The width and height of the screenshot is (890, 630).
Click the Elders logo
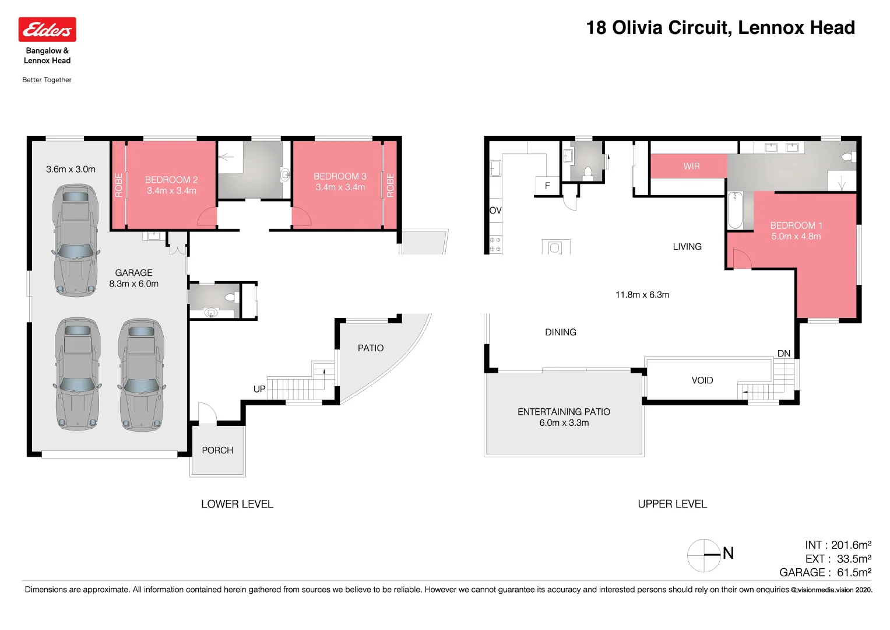pyautogui.click(x=47, y=30)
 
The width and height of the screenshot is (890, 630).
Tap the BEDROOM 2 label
pyautogui.click(x=171, y=180)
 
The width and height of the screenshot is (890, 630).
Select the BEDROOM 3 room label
pyautogui.click(x=340, y=176)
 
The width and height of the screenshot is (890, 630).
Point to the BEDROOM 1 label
pyautogui.click(x=796, y=225)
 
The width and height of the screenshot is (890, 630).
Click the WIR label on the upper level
pyautogui.click(x=691, y=166)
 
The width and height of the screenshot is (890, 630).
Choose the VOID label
pyautogui.click(x=702, y=380)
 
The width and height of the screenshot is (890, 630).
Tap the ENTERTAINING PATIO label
pyautogui.click(x=564, y=412)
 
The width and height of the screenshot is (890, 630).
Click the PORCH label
pyautogui.click(x=217, y=450)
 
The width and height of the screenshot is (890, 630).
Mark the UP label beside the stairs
pyautogui.click(x=259, y=389)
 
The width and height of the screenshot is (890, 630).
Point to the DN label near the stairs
pyautogui.click(x=783, y=353)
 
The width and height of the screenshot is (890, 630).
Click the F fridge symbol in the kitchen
pyautogui.click(x=547, y=185)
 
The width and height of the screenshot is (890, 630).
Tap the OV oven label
pyautogui.click(x=495, y=211)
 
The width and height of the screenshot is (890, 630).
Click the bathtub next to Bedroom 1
pyautogui.click(x=735, y=211)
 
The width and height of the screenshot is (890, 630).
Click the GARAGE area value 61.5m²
pyautogui.click(x=854, y=573)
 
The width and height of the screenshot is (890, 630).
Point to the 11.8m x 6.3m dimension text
pyautogui.click(x=642, y=295)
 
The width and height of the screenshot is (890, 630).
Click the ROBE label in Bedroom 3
pyautogui.click(x=391, y=185)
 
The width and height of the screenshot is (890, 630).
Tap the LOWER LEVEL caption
pyautogui.click(x=237, y=504)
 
